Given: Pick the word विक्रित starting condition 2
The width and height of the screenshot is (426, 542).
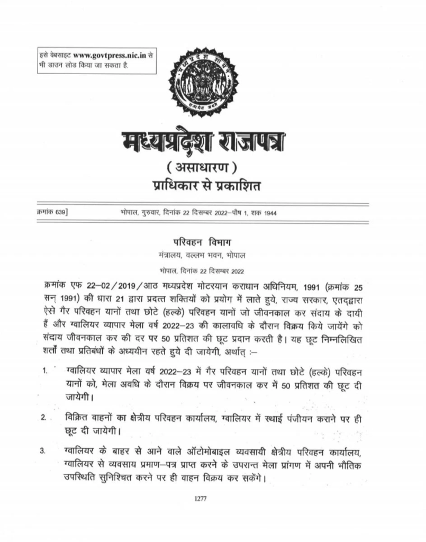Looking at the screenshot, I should (76, 416).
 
